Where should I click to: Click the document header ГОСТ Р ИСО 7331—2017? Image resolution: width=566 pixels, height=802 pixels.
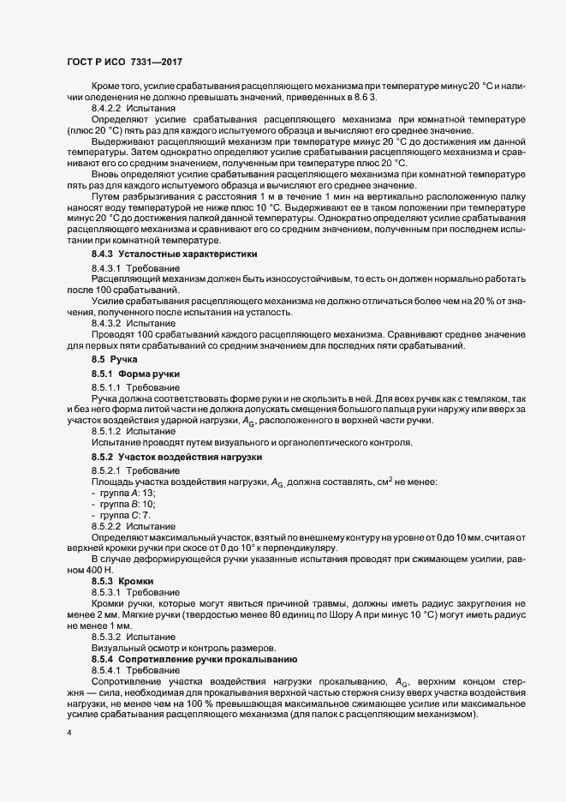124,63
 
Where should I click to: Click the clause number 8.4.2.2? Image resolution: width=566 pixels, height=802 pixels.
107,110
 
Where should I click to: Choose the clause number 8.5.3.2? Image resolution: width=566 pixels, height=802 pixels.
107,637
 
